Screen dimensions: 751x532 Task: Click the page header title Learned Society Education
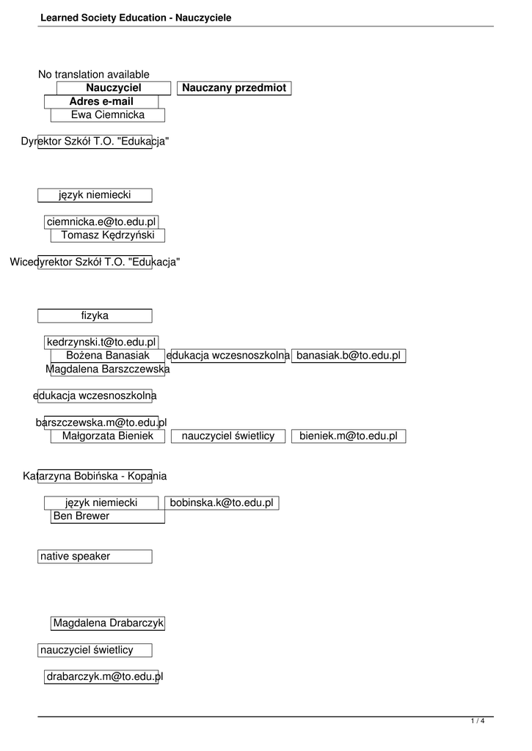136,17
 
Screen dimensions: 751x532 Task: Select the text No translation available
94,74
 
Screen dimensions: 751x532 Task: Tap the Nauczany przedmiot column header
234,88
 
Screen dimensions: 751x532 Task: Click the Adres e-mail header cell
101,101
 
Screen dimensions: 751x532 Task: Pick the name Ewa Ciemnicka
108,114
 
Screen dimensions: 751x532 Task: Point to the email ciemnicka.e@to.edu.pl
101,221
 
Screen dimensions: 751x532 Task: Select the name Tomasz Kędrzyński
108,235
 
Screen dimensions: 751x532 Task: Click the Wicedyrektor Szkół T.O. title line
95,262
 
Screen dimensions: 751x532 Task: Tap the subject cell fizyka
95,315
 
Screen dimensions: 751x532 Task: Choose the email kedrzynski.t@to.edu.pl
101,342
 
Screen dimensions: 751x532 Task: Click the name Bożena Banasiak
108,356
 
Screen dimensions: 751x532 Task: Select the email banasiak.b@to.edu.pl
349,356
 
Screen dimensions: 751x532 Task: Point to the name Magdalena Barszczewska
108,369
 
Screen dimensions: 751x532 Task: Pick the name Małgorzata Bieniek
108,436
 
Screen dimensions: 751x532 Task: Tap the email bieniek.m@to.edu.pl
349,436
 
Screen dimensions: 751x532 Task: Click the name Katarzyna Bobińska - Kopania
95,476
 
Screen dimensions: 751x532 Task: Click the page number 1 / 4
477,721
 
